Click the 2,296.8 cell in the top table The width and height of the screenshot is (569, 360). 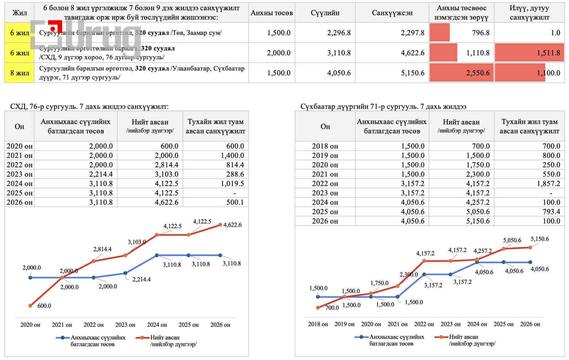click(339, 33)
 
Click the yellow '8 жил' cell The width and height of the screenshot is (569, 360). click(20, 73)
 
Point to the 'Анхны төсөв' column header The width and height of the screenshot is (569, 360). click(272, 13)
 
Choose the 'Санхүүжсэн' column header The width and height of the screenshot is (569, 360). click(392, 13)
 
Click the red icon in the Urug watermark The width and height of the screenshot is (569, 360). click(53, 28)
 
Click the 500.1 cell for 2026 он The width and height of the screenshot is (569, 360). click(235, 202)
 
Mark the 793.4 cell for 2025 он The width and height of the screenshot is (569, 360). click(551, 211)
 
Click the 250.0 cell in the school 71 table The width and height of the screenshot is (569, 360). click(551, 165)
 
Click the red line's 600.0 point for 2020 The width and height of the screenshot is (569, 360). click(31, 306)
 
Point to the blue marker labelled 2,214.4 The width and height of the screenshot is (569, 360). click(126, 273)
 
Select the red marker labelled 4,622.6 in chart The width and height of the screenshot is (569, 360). click(220, 225)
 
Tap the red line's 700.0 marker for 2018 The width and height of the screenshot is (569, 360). click(318, 308)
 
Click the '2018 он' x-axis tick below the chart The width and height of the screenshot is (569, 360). click(318, 324)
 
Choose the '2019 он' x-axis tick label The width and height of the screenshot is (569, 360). click(344, 324)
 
